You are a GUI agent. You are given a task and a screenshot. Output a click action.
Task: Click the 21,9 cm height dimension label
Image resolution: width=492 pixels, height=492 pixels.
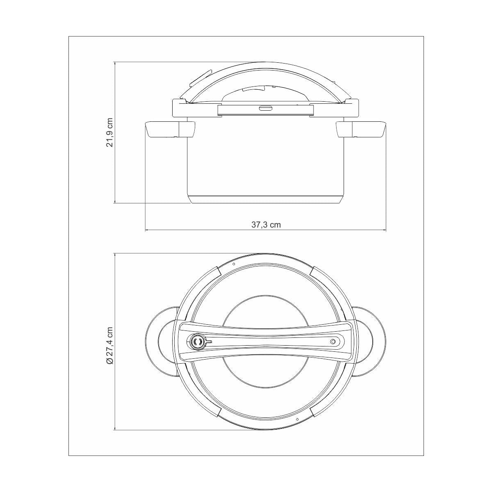click(x=110, y=132)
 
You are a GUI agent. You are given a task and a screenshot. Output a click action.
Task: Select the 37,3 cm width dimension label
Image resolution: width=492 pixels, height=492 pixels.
click(x=266, y=225)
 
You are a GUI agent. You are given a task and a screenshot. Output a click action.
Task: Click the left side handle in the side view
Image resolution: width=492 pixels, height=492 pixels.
click(x=170, y=130)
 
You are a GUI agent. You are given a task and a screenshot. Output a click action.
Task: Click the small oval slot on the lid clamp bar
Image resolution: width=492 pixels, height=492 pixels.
click(x=266, y=109)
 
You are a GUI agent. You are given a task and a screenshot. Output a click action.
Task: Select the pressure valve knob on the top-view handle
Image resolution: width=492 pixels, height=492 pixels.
click(x=197, y=342)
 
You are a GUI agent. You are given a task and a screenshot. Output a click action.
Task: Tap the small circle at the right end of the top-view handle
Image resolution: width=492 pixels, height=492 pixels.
click(x=333, y=342)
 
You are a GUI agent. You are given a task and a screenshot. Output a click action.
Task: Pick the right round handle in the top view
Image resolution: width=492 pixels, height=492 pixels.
click(x=370, y=342)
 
